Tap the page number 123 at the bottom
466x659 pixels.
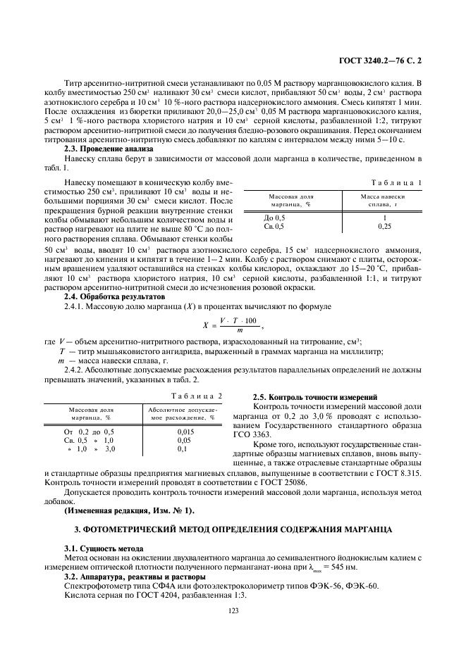pos(233,611)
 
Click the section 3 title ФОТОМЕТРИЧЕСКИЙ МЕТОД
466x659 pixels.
pos(233,528)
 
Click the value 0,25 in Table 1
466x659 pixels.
pos(384,227)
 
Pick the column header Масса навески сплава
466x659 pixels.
pos(383,200)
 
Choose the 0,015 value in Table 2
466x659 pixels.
pos(186,432)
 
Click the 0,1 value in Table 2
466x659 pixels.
pos(182,448)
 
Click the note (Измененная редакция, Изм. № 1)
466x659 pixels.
pos(129,510)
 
